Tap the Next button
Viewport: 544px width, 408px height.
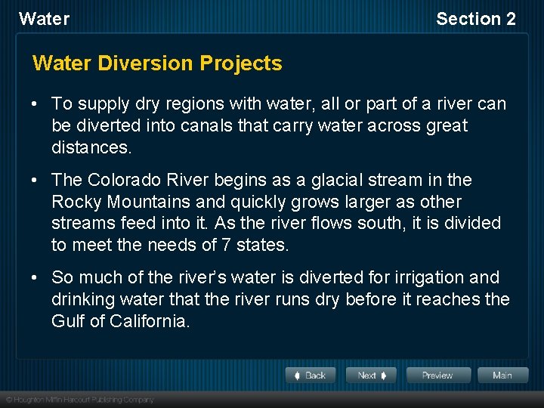[371, 376]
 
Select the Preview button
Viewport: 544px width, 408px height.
[437, 376]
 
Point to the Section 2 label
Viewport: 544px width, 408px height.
[475, 19]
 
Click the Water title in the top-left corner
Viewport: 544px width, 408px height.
[44, 19]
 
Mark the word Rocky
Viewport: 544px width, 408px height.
[75, 202]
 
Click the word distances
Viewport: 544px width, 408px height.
[91, 147]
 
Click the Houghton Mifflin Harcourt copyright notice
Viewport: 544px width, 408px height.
[79, 400]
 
